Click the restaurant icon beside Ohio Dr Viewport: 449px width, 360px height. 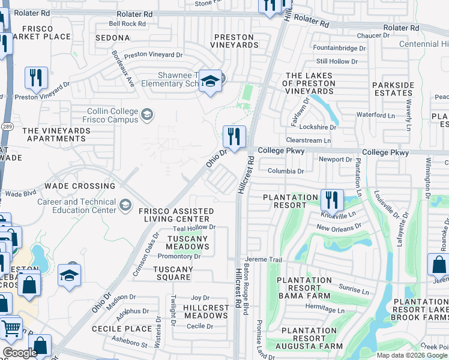click(234, 137)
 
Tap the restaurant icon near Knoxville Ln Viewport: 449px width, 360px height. click(331, 199)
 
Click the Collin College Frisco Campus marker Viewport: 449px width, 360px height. click(146, 114)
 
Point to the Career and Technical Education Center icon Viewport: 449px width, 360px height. click(125, 206)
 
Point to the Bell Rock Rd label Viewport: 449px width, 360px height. click(127, 24)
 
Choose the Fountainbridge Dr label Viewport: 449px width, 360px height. click(340, 47)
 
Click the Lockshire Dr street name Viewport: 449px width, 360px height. click(318, 127)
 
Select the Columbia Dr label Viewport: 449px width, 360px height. click(286, 171)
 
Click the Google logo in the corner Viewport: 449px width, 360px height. click(20, 353)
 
